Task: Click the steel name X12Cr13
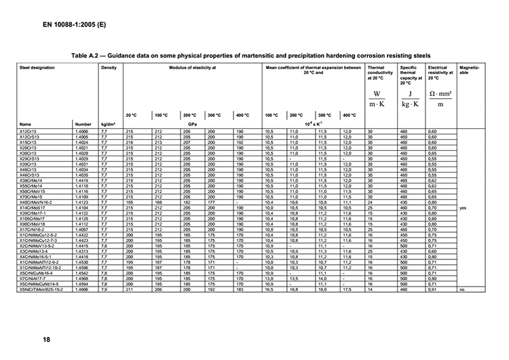coord(29,130)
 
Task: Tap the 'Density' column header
coord(109,68)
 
